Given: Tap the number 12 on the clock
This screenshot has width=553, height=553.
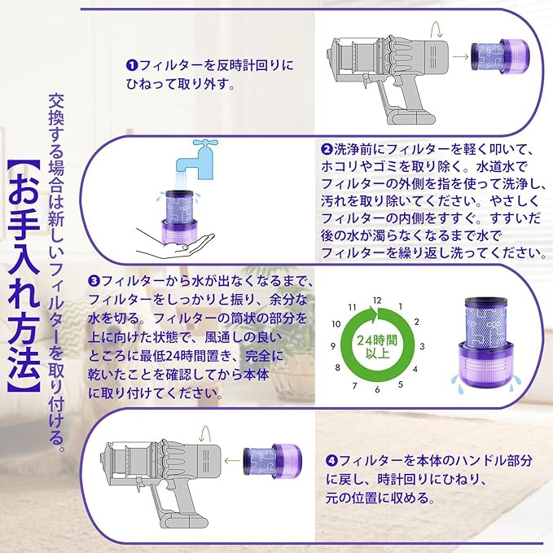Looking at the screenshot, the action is click(x=377, y=301).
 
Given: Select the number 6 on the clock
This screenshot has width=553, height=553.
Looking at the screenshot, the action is click(x=377, y=390).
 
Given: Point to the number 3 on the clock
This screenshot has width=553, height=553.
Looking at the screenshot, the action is click(x=422, y=346).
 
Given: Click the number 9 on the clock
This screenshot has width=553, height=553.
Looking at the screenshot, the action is click(x=333, y=346).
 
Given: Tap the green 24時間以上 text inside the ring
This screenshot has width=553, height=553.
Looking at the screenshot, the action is click(x=377, y=347).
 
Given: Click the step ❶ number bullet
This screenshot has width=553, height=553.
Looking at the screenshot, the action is click(x=131, y=66).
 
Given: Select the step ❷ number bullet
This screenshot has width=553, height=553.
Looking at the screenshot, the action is click(x=327, y=150).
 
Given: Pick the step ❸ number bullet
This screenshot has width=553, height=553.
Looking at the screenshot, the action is click(x=94, y=282).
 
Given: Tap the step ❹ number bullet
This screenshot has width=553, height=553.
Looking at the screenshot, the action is click(x=331, y=461).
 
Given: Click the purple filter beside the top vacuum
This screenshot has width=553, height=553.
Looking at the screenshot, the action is click(x=500, y=56).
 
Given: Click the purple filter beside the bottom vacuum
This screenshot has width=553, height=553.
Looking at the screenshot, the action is click(x=272, y=461).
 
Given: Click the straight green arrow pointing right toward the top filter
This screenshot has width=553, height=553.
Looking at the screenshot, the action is click(x=460, y=56).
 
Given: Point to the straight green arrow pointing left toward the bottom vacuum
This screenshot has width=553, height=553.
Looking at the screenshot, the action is click(x=232, y=460).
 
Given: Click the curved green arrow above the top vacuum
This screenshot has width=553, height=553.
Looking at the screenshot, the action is click(x=437, y=29).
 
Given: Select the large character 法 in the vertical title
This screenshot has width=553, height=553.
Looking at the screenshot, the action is click(x=24, y=364).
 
